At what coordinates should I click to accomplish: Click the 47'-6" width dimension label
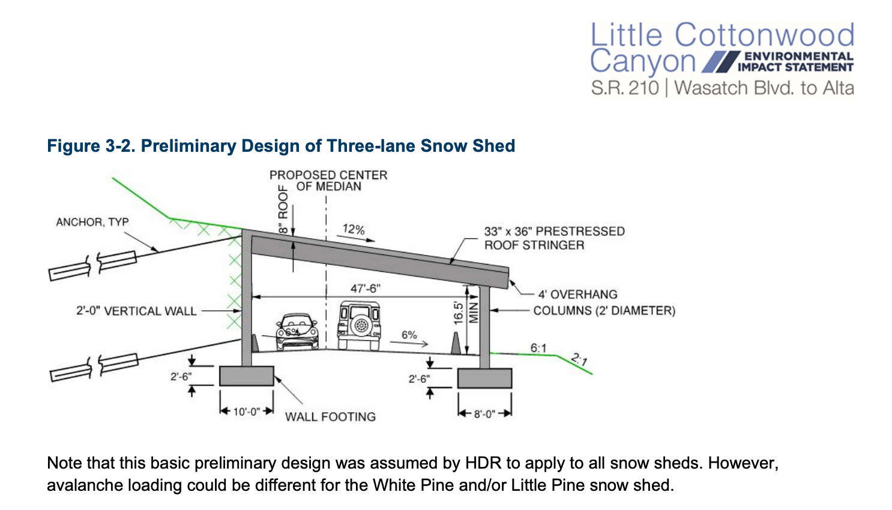point(365,288)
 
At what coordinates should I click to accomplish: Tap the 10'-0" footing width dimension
point(247,411)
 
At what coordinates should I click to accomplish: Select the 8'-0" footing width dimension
point(484,414)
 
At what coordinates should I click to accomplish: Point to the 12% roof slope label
point(354,229)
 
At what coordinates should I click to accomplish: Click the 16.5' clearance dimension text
point(459,313)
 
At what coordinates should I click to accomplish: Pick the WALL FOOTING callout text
point(331,417)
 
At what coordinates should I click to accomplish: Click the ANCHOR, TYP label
point(92,222)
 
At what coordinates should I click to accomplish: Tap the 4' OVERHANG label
point(578,295)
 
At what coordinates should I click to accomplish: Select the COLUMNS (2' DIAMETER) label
point(604,311)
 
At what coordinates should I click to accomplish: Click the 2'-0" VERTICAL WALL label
point(137,311)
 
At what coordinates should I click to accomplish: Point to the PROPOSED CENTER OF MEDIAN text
point(328,181)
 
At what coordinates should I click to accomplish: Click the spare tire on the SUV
point(361,325)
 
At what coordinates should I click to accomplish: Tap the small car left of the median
point(298,331)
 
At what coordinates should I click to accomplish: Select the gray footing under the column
point(484,378)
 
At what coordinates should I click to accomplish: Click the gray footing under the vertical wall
point(247,376)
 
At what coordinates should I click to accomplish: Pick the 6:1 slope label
point(538,348)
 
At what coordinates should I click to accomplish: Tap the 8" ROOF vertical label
point(283,209)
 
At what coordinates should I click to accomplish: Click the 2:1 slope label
point(579,359)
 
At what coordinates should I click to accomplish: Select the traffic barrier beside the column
point(456,343)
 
